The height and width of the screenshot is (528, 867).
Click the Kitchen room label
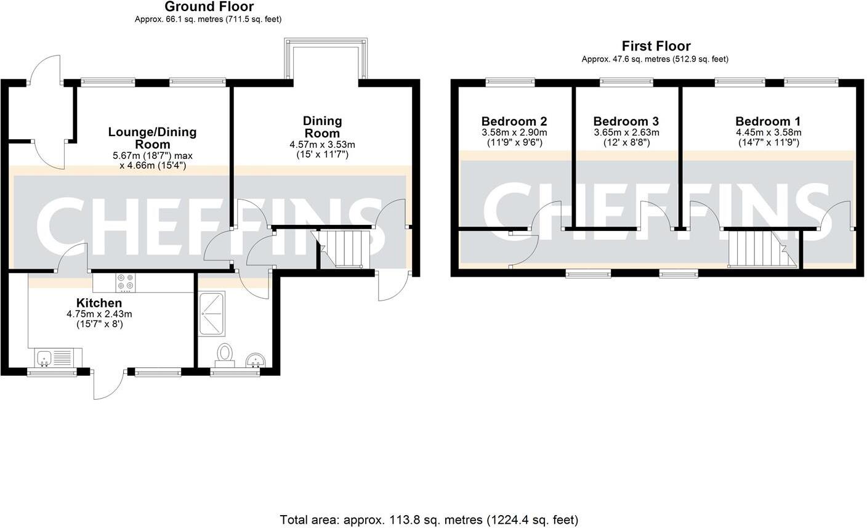click(99, 303)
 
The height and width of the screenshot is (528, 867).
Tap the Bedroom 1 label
click(768, 121)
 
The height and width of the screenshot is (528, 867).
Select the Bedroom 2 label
click(514, 121)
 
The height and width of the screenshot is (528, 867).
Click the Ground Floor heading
click(209, 7)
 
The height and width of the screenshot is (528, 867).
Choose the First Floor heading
click(656, 46)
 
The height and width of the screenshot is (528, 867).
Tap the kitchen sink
click(44, 357)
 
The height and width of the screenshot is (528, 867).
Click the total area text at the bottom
click(429, 519)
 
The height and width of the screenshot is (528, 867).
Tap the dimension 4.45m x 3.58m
click(768, 132)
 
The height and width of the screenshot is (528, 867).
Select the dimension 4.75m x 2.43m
click(99, 314)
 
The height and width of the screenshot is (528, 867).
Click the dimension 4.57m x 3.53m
click(323, 145)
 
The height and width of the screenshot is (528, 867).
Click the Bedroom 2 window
click(510, 81)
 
